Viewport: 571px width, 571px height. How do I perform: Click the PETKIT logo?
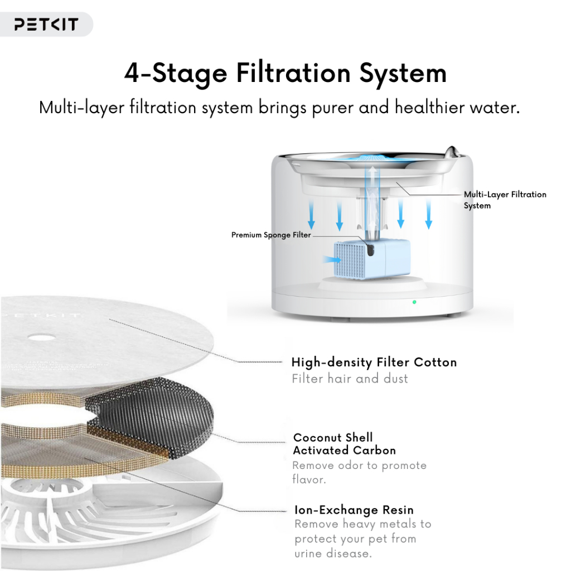click(x=46, y=25)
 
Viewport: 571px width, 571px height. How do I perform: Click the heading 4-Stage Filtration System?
click(x=285, y=74)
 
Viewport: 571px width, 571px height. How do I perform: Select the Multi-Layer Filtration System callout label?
click(x=505, y=200)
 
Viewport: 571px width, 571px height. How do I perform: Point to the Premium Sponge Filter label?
click(x=271, y=235)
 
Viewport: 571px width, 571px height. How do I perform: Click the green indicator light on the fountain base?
click(x=414, y=302)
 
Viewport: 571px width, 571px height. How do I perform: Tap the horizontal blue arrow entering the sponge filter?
click(x=332, y=260)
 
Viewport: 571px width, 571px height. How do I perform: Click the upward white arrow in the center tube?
click(x=372, y=182)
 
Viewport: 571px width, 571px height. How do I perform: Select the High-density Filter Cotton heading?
click(x=374, y=362)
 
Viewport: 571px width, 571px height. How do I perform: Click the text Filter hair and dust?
click(x=350, y=379)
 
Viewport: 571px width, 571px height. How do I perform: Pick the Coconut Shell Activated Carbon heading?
click(x=344, y=443)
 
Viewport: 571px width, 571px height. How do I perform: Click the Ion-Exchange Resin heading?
click(x=354, y=510)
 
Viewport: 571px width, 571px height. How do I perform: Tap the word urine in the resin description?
click(x=309, y=554)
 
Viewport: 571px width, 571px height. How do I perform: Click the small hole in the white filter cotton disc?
click(x=42, y=337)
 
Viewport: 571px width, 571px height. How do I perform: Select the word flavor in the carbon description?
click(x=309, y=479)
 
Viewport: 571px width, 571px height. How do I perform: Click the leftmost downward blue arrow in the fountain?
click(x=311, y=214)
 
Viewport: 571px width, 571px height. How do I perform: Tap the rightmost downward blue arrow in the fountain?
click(x=429, y=215)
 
